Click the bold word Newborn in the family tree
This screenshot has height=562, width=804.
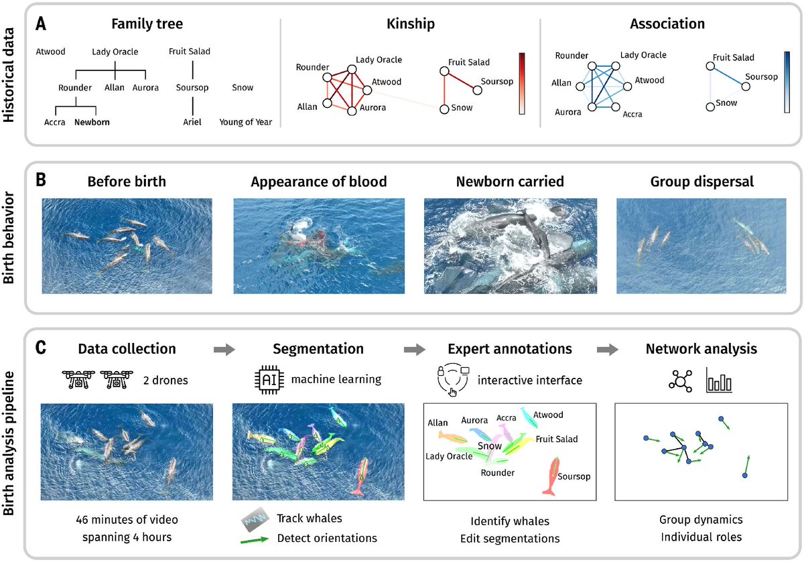[x=92, y=123]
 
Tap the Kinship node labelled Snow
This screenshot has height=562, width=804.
[x=444, y=109]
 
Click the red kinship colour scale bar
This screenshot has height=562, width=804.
[x=523, y=84]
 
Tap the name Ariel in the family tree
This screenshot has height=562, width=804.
[x=193, y=123]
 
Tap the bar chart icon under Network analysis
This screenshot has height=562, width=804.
[x=719, y=381]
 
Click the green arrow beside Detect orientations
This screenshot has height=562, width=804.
[x=254, y=538]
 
